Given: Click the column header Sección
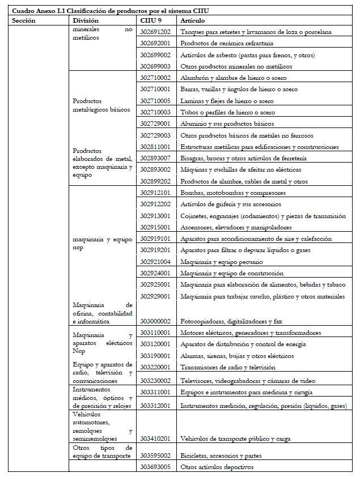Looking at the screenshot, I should [24, 20].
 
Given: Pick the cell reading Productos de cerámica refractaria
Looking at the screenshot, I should [226, 44].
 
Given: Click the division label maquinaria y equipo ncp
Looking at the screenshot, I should [103, 244].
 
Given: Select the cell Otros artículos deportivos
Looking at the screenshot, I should [216, 467].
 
